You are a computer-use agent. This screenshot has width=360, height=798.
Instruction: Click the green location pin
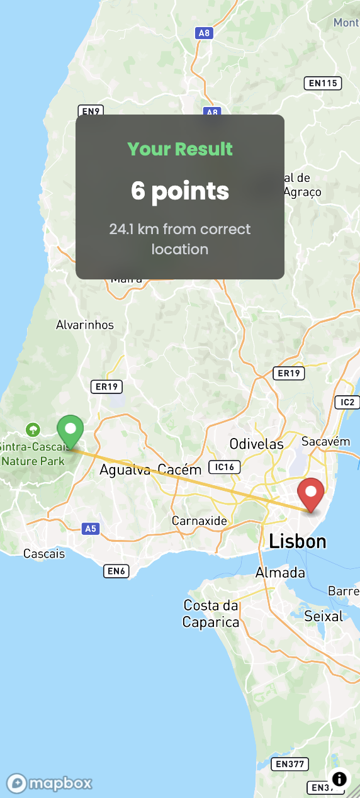[x=70, y=430]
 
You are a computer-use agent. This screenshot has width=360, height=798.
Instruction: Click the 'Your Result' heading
[x=180, y=149]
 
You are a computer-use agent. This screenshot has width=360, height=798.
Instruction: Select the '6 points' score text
[x=180, y=191]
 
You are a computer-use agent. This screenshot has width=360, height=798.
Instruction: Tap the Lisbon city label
[x=298, y=541]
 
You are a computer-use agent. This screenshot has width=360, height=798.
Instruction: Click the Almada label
[x=280, y=573]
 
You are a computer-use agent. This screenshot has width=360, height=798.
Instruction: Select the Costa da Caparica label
[x=211, y=614]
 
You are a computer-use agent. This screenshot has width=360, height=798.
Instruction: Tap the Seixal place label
[x=323, y=615]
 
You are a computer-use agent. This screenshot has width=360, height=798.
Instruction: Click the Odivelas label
[x=256, y=444]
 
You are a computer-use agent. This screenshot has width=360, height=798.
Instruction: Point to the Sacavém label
[x=325, y=441]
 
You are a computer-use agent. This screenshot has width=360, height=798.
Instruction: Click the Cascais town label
[x=44, y=554]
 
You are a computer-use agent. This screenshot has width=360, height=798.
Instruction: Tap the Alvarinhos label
[x=85, y=325]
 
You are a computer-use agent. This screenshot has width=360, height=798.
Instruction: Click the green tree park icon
[x=33, y=430]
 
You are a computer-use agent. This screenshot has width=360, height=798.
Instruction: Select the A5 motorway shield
[x=91, y=529]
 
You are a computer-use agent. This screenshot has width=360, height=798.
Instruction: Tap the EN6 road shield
[x=116, y=571]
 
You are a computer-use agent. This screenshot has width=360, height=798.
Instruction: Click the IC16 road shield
[x=225, y=467]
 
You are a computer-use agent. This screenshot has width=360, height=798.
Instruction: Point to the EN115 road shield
[x=322, y=82]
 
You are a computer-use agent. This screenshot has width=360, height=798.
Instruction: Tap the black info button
[x=339, y=779]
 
